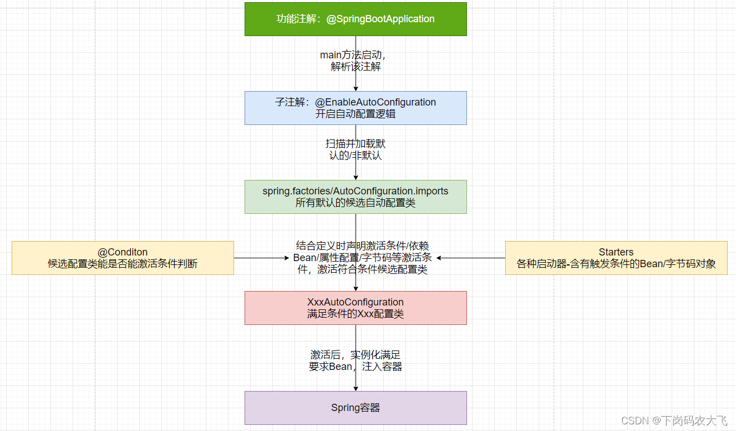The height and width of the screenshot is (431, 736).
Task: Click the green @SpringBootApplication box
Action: point(356,19)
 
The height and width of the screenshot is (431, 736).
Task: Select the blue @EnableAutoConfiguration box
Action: point(356,108)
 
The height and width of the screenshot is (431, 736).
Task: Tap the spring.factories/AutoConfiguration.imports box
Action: point(356,197)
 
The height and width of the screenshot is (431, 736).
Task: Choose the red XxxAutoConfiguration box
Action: point(356,308)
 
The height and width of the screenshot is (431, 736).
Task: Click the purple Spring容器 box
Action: point(356,408)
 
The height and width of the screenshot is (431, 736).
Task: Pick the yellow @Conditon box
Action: point(123,258)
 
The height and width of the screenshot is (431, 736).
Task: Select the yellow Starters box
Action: point(616,258)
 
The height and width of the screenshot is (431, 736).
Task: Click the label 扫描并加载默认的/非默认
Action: point(356,149)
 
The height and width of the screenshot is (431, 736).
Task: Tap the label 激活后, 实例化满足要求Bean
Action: point(356,361)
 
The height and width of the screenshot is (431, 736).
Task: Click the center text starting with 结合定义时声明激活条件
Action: point(362,258)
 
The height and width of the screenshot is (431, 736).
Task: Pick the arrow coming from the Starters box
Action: point(471,258)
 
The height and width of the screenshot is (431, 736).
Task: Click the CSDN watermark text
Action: point(674,420)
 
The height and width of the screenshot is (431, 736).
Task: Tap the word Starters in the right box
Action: point(616,252)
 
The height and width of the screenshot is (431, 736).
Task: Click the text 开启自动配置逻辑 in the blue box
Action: point(356,114)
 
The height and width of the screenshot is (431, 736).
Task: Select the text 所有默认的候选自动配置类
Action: point(356,203)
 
